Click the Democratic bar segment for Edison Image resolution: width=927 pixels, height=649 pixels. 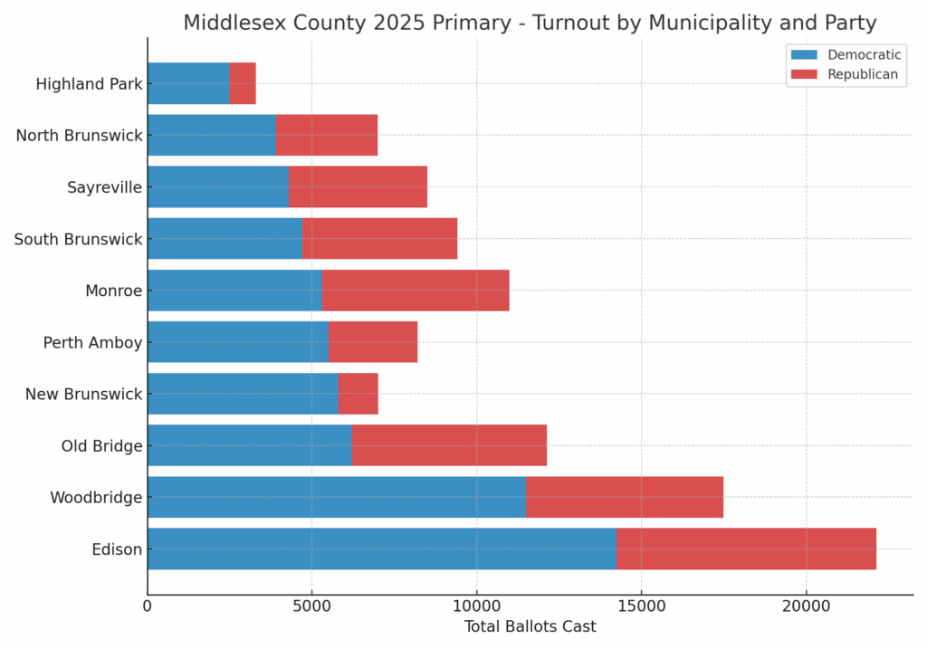click(381, 549)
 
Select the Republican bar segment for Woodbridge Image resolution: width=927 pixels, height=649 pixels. click(625, 497)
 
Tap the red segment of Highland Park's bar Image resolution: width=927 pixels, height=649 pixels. click(243, 83)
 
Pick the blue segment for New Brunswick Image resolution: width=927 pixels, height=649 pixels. click(243, 394)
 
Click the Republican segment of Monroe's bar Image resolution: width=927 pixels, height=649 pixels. click(416, 291)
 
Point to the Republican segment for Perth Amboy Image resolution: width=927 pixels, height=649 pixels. click(373, 342)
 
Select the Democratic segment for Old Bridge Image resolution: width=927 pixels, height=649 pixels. click(249, 445)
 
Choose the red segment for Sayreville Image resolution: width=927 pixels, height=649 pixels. click(358, 186)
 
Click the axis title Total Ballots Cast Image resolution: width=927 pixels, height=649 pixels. click(530, 626)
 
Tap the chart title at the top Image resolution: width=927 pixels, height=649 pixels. click(530, 23)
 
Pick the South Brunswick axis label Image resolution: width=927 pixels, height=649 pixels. click(79, 239)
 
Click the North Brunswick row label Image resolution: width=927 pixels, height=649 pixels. click(80, 136)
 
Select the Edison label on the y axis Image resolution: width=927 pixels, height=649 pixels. click(117, 549)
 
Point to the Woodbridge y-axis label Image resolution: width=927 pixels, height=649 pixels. click(96, 498)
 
